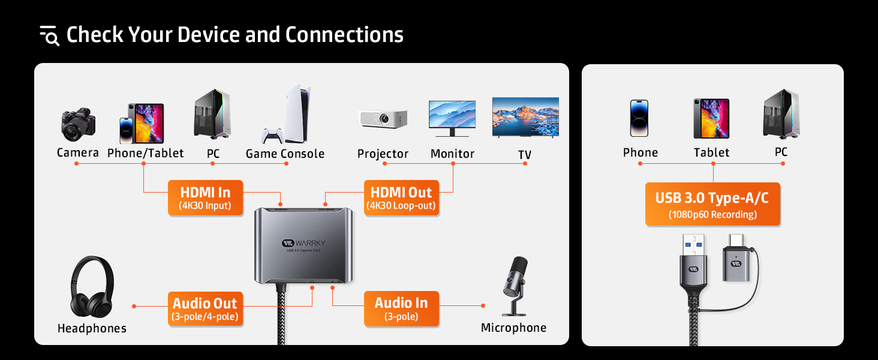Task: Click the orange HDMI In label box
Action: tap(205, 198)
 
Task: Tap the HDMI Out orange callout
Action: tap(401, 198)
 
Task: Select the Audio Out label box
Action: tap(205, 309)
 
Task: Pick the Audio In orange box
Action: tap(401, 309)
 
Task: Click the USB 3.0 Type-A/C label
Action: tap(712, 205)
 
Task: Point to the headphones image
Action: tap(92, 287)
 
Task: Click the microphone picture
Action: tap(515, 286)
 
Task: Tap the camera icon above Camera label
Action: tap(78, 125)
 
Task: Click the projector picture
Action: tap(383, 118)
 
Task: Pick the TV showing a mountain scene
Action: tap(525, 118)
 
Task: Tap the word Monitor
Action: tap(452, 154)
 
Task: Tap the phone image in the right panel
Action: tap(639, 118)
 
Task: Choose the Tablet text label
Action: tap(711, 153)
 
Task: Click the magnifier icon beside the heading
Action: tap(50, 36)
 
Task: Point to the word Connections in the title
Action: tap(344, 35)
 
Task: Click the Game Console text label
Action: tap(285, 154)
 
